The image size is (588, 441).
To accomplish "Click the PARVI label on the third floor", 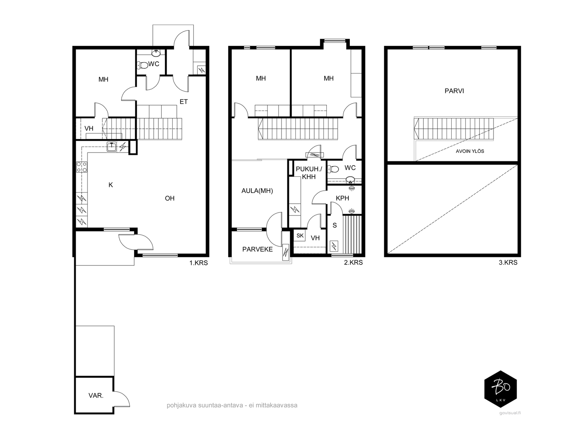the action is (454, 91).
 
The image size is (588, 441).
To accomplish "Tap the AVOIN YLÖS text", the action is (470, 151).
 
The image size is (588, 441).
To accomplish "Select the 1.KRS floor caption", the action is (198, 263).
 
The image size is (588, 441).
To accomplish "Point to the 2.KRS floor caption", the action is (353, 262).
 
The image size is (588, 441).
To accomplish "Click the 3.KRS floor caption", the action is (508, 262).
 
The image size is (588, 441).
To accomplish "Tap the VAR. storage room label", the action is (96, 395).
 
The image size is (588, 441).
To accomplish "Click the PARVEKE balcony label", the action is (258, 249).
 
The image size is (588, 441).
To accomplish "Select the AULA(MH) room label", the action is (257, 191).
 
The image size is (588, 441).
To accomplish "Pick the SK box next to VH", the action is (300, 235).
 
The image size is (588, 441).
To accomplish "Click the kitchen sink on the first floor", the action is (111, 147).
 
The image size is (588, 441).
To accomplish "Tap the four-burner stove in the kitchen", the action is (82, 167).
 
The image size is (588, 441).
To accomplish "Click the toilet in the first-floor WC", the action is (143, 65).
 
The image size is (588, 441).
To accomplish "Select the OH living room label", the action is (169, 198).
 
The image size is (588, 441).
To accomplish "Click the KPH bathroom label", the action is (343, 198).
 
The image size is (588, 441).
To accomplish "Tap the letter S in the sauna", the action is (334, 225).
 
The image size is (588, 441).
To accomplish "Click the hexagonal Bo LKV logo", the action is (501, 389).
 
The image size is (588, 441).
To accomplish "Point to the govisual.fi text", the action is (510, 413).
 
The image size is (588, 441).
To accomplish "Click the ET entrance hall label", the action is (183, 102).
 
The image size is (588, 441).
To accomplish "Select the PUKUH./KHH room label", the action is (309, 173).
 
